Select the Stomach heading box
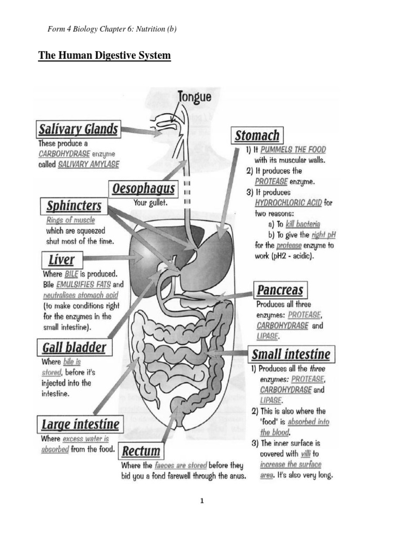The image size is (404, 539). click(257, 135)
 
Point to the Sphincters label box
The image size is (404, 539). click(74, 206)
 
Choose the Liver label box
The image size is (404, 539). click(62, 259)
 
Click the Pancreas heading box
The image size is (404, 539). click(279, 290)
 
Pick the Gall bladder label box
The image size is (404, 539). click(73, 347)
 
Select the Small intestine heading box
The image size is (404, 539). click(291, 354)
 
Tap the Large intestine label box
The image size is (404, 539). click(80, 424)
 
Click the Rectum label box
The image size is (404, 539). click(140, 451)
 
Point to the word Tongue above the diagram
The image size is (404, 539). click(195, 97)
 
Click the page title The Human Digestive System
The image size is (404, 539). click(104, 55)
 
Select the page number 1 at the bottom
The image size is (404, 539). click(201, 501)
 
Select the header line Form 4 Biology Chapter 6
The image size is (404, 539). click(112, 29)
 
